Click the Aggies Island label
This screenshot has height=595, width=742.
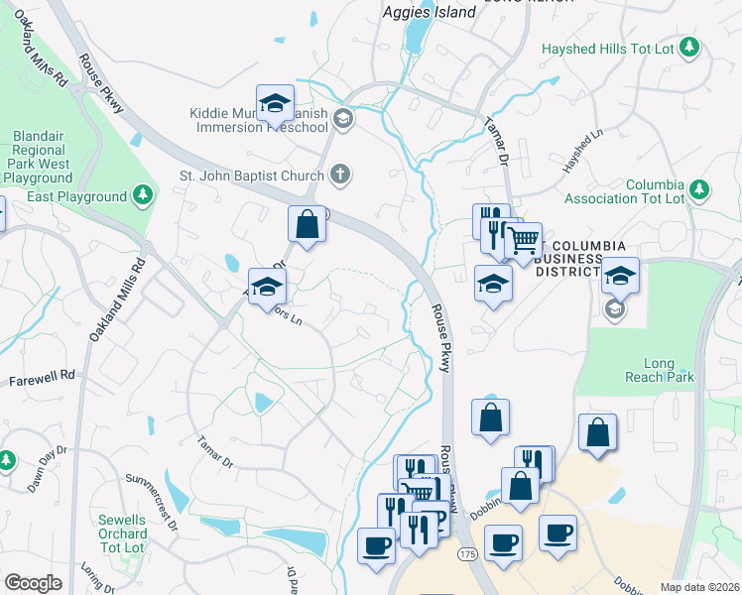(430, 13)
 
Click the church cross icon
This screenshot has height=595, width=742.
(339, 177)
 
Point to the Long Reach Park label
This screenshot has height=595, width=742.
(660, 370)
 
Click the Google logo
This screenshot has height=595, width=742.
(33, 583)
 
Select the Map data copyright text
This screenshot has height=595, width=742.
(699, 587)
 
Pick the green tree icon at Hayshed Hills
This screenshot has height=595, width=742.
(691, 48)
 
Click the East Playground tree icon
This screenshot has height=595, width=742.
(145, 195)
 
